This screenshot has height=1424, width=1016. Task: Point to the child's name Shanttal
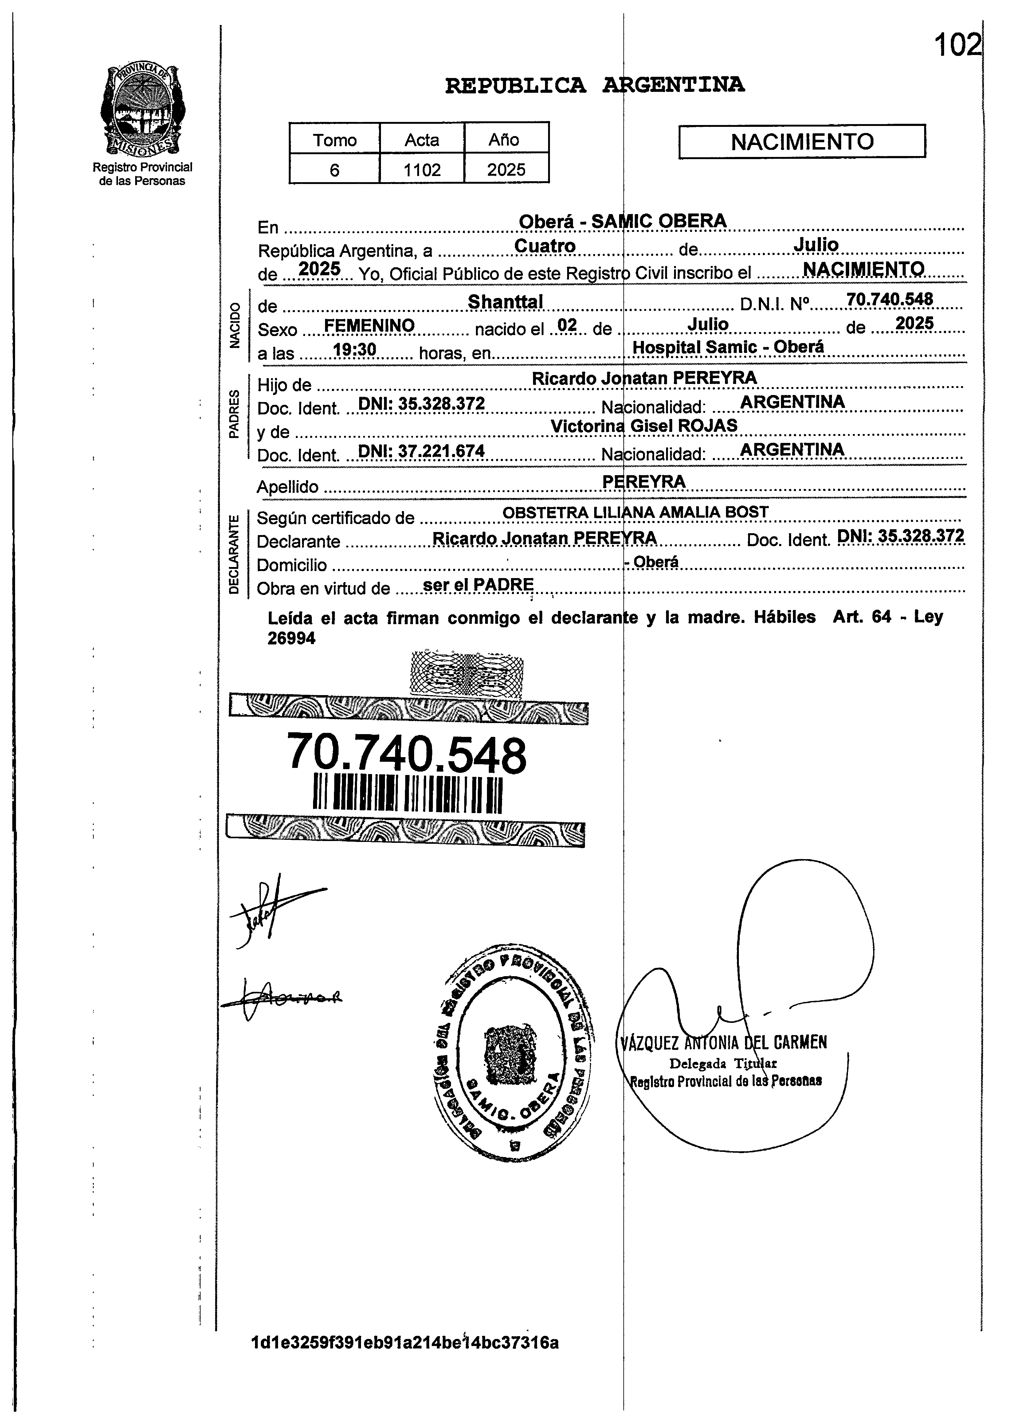click(505, 302)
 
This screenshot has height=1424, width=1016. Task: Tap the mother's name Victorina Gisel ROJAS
click(644, 426)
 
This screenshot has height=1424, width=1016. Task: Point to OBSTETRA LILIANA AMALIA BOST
click(635, 512)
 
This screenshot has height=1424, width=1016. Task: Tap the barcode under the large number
click(407, 794)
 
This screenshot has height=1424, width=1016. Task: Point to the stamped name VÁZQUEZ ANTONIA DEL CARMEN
click(724, 1043)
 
